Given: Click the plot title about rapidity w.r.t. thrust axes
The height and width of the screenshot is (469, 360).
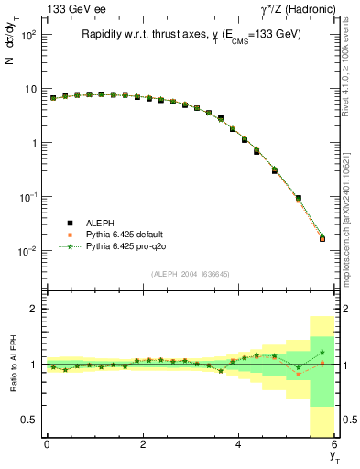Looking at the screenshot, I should [191, 35].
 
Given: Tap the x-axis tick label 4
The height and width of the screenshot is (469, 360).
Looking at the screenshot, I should [239, 447].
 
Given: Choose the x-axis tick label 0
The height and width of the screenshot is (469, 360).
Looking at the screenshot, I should [47, 447].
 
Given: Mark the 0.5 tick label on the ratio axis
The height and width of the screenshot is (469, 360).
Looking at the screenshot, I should [31, 420].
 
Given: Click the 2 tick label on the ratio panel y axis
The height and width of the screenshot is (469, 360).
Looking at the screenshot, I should [35, 309].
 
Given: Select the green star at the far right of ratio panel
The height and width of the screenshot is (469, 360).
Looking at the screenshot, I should [322, 352].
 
